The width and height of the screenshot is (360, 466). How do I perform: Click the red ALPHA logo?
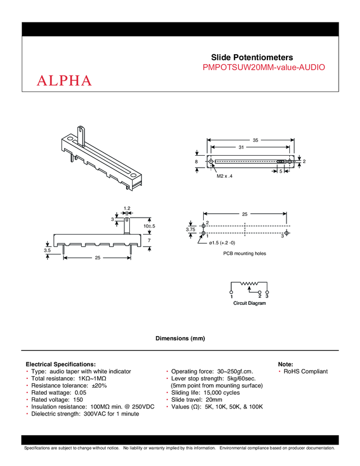[x=64, y=81]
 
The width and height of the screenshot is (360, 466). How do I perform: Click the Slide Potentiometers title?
[x=252, y=57]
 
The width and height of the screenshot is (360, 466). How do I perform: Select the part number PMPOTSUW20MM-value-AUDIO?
[x=264, y=67]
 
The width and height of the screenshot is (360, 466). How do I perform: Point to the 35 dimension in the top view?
[x=255, y=140]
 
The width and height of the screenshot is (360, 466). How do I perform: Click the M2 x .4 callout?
[x=225, y=176]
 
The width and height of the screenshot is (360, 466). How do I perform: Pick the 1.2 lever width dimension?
[x=127, y=208]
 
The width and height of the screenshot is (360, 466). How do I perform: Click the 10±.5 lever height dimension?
[x=150, y=226]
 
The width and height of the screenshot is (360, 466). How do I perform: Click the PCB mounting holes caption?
[x=244, y=254]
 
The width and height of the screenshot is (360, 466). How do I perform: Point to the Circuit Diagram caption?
[x=249, y=303]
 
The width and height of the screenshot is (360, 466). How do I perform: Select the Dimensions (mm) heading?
[x=180, y=339]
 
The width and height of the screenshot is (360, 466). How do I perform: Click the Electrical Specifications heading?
[x=61, y=364]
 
